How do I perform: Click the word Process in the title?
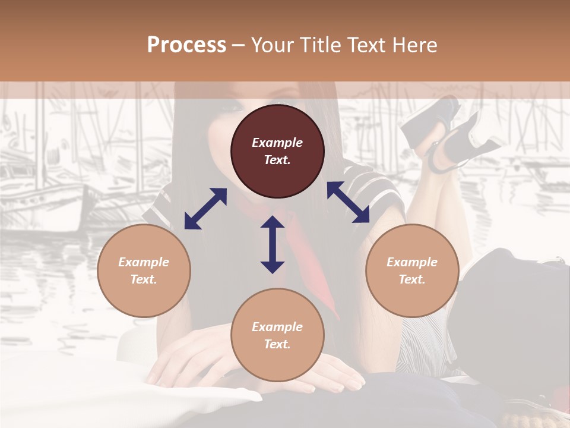click(x=186, y=45)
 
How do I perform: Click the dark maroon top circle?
click(x=277, y=152)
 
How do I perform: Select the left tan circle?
click(x=144, y=270)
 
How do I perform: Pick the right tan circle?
click(x=412, y=270)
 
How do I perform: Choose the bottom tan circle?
click(x=277, y=335)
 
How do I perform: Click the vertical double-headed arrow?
click(x=273, y=244)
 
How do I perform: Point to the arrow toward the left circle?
click(x=205, y=209)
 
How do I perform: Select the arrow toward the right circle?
click(x=349, y=202)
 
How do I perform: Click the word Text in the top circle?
click(x=277, y=160)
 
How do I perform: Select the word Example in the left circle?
click(x=144, y=262)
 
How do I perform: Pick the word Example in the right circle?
click(x=412, y=262)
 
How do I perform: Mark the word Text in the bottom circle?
click(x=277, y=344)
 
